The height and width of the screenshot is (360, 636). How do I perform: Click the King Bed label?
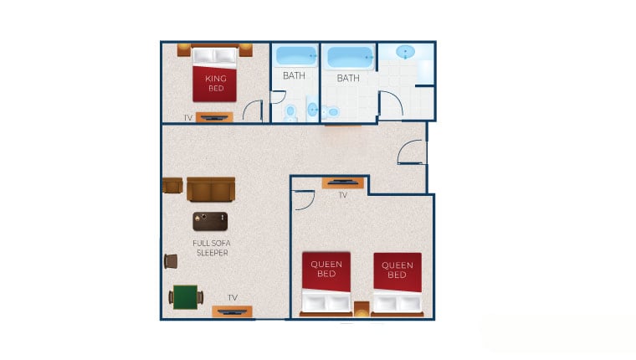coord(215,83)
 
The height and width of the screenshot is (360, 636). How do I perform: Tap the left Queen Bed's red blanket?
coord(326,271)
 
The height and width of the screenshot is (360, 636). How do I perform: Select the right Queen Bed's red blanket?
coord(397,272)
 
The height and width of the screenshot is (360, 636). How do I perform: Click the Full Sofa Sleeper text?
coord(212,248)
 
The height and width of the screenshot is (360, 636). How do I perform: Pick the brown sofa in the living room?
coord(211,189)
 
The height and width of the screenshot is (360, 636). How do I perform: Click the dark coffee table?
coord(210,221)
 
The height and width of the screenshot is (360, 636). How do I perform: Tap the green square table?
coord(186,297)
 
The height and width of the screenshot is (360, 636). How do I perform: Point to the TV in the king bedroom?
coord(214,117)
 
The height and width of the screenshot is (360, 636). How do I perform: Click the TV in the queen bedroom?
coord(343,183)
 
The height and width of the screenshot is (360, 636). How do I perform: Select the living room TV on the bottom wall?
coord(232,311)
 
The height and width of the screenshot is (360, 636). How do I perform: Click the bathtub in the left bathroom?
coord(296,56)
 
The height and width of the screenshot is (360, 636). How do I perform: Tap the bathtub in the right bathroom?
coord(350,57)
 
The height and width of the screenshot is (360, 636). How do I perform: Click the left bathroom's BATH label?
coord(294,75)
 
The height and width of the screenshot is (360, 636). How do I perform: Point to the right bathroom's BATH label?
coord(348,78)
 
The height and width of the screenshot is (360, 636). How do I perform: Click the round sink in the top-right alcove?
coord(405,52)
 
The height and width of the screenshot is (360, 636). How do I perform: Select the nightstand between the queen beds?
coord(362,308)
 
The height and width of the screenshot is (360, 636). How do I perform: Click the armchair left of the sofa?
coord(172,186)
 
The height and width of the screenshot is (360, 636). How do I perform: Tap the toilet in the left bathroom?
coord(290,112)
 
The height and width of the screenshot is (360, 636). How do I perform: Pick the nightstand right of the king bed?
coord(246,50)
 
